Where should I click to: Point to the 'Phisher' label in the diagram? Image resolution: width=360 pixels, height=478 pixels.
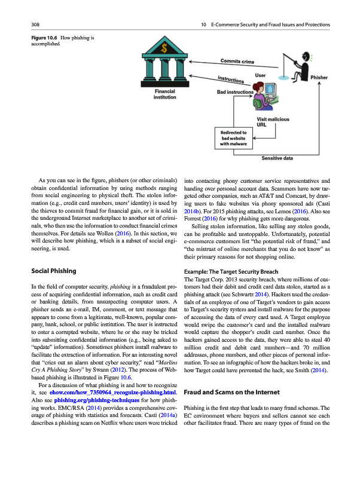[x=319, y=78]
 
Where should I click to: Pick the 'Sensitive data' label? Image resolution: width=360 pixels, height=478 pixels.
[x=277, y=158]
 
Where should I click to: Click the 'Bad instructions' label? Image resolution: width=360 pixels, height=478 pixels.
[x=234, y=93]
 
